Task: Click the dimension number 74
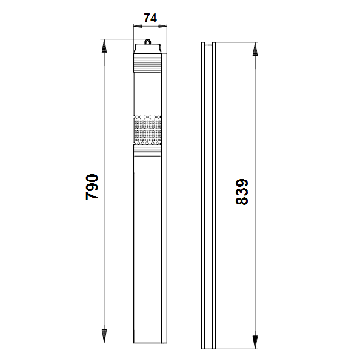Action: (x=150, y=18)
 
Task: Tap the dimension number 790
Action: (x=92, y=187)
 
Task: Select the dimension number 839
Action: (x=242, y=192)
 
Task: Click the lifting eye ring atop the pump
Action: (x=147, y=41)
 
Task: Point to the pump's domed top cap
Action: (x=147, y=49)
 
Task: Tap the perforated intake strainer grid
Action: (x=147, y=130)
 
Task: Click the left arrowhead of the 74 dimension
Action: (x=138, y=26)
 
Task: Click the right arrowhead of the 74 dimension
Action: (x=163, y=26)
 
